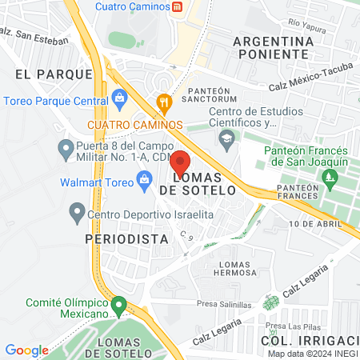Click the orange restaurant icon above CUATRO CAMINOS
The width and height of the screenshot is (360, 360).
pyautogui.click(x=165, y=102)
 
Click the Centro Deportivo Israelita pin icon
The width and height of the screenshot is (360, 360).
pyautogui.click(x=77, y=213)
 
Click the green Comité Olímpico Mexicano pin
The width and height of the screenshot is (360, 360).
pyautogui.click(x=118, y=305)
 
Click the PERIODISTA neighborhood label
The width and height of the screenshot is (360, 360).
pyautogui.click(x=127, y=238)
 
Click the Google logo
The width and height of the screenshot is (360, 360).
pyautogui.click(x=26, y=350)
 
